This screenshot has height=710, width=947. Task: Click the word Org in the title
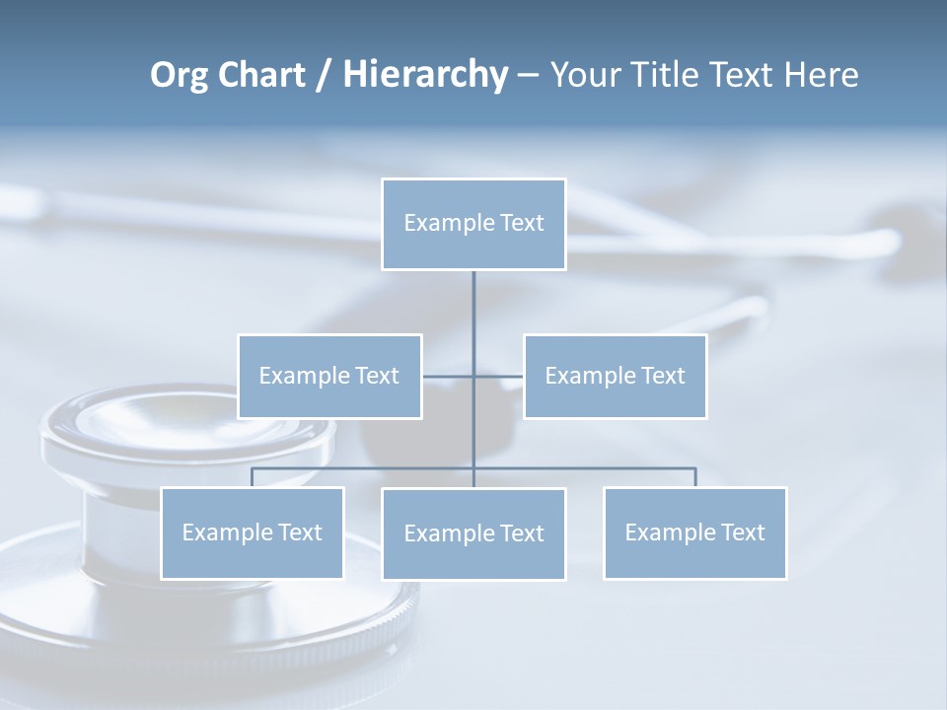pyautogui.click(x=179, y=75)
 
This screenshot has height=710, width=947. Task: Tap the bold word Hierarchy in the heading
pyautogui.click(x=425, y=75)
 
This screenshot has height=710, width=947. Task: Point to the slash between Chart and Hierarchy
pyautogui.click(x=324, y=75)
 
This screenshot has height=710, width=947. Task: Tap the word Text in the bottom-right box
pyautogui.click(x=741, y=532)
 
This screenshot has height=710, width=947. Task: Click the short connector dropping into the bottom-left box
pyautogui.click(x=253, y=477)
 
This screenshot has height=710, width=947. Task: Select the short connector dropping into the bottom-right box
pyautogui.click(x=695, y=477)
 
